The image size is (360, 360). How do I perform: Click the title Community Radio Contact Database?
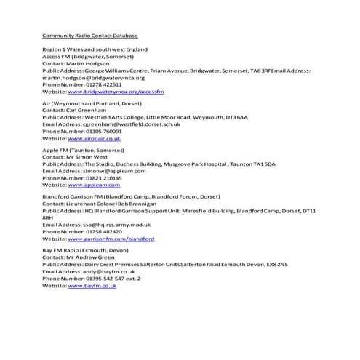[x=90, y=35]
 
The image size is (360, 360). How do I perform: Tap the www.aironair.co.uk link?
[x=94, y=137]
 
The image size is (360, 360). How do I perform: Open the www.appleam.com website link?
[x=92, y=185]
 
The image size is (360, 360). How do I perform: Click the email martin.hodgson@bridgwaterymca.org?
[x=94, y=78]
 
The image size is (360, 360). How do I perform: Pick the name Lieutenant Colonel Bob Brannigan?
[x=105, y=204]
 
